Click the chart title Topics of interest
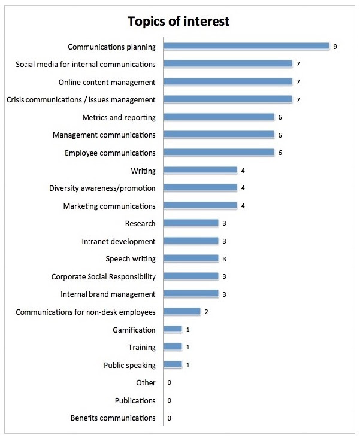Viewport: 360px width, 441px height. coord(179,22)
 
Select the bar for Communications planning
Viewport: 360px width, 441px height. coord(246,46)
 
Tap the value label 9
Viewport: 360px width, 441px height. coord(335,47)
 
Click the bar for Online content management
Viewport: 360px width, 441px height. coord(228,81)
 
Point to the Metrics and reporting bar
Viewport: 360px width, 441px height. coord(219,117)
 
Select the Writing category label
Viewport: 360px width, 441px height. coord(143,171)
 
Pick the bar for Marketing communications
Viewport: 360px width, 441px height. coord(200,206)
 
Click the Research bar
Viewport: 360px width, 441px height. coord(191,223)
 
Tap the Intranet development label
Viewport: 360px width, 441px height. coord(119,241)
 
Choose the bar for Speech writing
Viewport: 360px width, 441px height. coord(191,258)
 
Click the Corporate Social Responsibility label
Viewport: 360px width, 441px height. coord(104,276)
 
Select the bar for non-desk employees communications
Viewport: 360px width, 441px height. coord(182,312)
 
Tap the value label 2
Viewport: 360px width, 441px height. coord(206,312)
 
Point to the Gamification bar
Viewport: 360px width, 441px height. coord(173,330)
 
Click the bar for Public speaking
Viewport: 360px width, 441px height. coord(173,365)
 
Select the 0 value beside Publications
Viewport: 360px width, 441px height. coord(170,400)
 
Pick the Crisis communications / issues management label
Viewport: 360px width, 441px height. coord(81,99)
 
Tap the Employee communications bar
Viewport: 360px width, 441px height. coord(219,153)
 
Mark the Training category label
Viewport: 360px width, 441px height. coord(142,347)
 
